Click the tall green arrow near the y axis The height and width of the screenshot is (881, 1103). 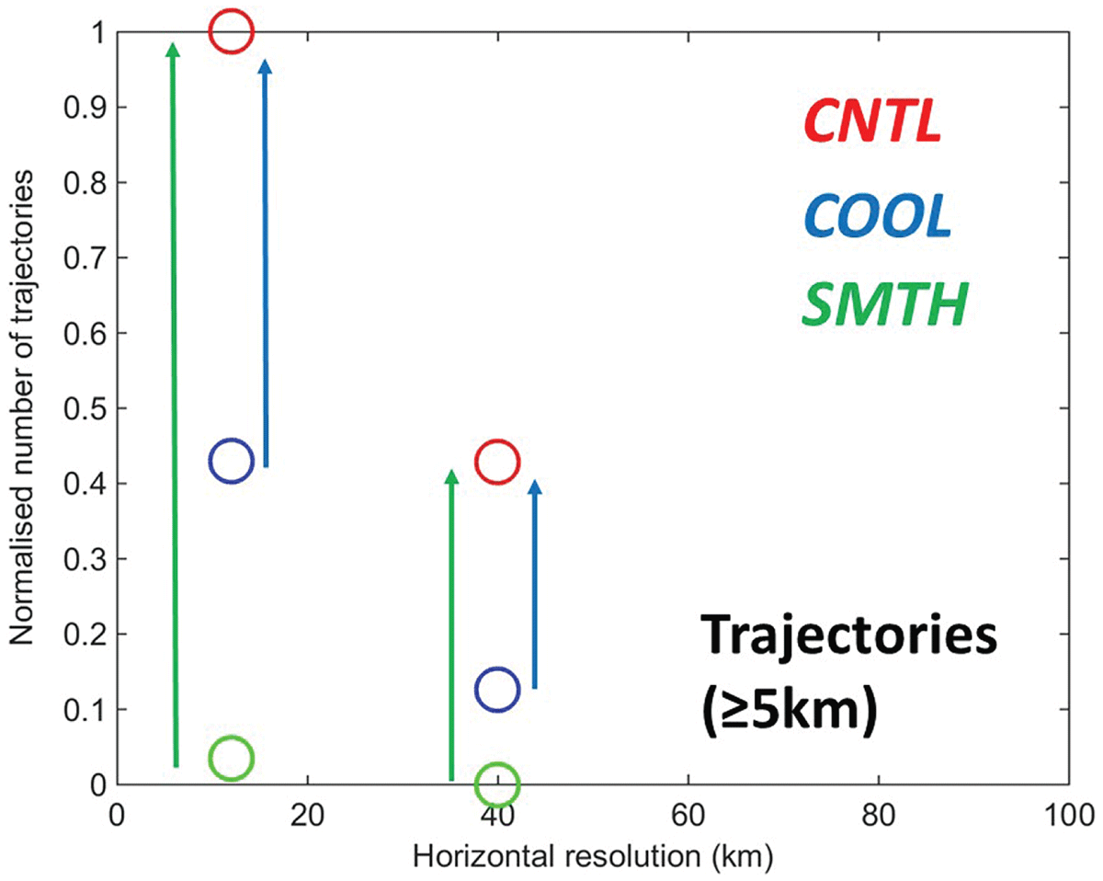(x=175, y=406)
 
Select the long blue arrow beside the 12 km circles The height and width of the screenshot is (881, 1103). (x=266, y=264)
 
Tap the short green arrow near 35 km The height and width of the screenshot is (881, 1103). (x=451, y=624)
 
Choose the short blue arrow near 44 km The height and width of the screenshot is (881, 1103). (x=535, y=584)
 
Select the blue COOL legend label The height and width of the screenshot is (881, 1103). (x=878, y=215)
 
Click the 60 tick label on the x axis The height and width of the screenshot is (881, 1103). (x=688, y=816)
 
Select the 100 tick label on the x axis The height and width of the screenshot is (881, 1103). (x=1070, y=816)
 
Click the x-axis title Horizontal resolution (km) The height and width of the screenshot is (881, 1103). (x=593, y=857)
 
